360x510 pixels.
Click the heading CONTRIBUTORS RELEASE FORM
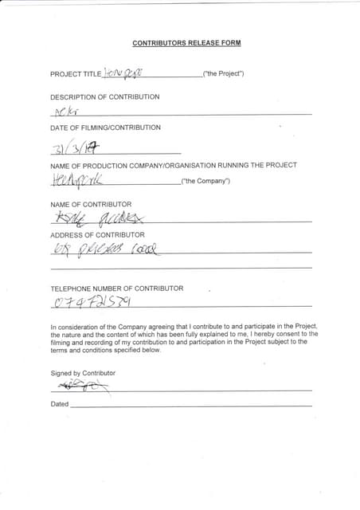186,42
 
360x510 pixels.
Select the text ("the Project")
223,74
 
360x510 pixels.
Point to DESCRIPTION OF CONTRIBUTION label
104,97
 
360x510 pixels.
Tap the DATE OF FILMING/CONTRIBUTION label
105,127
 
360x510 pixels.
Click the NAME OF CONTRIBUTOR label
91,205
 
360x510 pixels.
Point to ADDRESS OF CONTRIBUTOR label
97,235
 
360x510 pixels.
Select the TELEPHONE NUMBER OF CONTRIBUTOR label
116,288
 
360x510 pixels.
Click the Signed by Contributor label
83,373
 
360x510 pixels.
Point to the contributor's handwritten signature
80,386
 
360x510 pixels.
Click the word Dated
60,404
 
